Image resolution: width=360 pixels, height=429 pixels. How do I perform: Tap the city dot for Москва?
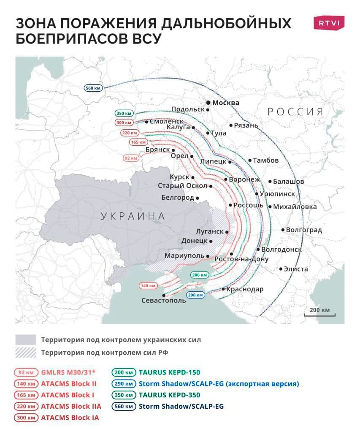(x=208, y=103)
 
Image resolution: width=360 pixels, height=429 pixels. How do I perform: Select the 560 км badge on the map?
(x=92, y=88)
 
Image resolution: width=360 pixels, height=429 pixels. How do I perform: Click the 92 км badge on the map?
(x=131, y=158)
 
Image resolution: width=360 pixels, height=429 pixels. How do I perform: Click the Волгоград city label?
(x=304, y=230)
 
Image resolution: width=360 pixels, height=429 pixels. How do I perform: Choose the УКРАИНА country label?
(x=133, y=217)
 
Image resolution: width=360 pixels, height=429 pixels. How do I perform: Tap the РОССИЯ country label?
(x=296, y=112)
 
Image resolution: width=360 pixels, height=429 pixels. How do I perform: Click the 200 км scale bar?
(x=320, y=313)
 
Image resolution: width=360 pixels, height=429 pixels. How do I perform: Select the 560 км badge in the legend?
(x=123, y=407)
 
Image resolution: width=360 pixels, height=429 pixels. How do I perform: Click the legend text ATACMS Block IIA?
(x=71, y=407)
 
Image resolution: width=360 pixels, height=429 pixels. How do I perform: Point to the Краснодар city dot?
(x=223, y=289)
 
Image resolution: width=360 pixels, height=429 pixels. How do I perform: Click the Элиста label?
(x=296, y=269)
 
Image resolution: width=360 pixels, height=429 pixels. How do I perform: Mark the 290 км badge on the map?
(x=196, y=295)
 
